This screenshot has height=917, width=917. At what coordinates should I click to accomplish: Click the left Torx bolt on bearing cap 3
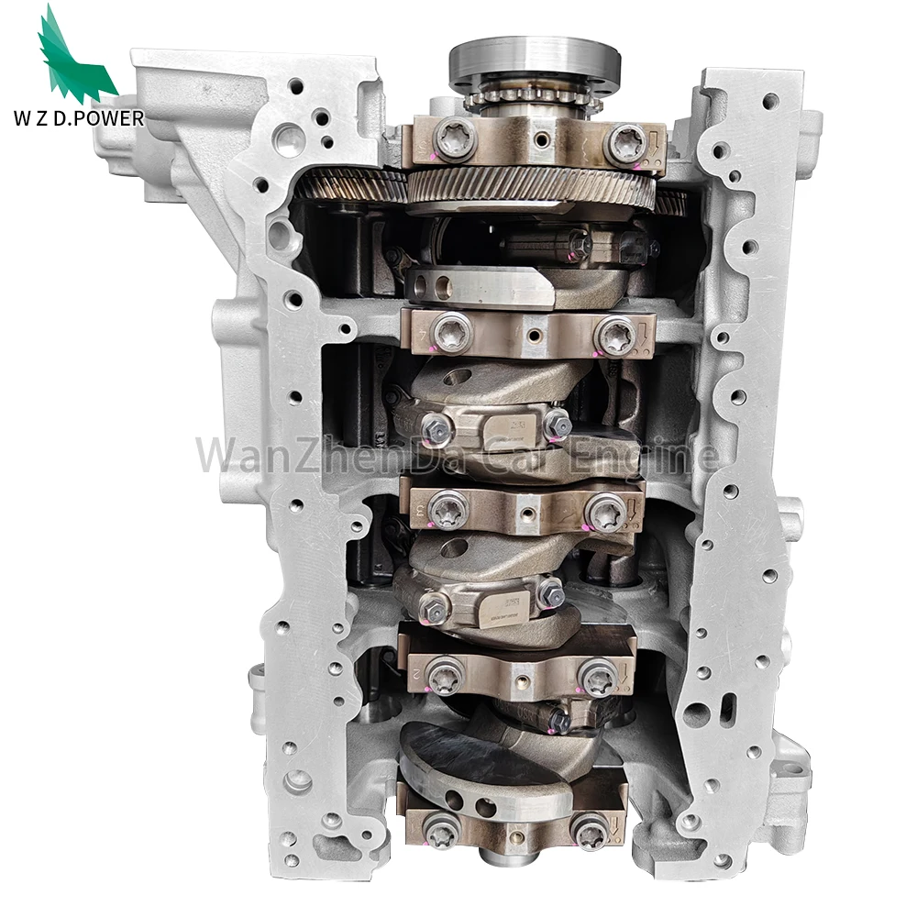[449, 506]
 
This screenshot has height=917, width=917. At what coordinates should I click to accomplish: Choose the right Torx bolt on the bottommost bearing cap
[587, 830]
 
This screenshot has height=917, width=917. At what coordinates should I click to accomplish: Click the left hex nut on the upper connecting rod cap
[433, 427]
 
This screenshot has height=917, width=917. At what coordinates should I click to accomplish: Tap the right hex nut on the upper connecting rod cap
[557, 424]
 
